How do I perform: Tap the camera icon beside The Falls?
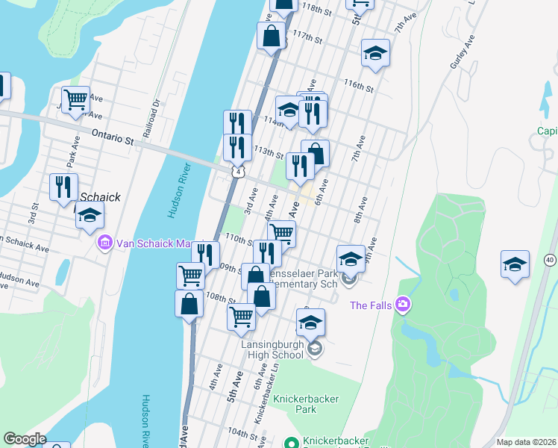[404, 304]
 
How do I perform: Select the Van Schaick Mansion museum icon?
[104, 243]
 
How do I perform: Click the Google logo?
[24, 439]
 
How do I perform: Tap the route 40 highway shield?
[550, 259]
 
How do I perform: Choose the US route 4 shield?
[237, 172]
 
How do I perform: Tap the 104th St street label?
[243, 433]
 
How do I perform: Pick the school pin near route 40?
[514, 266]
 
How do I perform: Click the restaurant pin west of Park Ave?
[63, 186]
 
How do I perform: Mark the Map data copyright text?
[525, 442]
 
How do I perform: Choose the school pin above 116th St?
[376, 53]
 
